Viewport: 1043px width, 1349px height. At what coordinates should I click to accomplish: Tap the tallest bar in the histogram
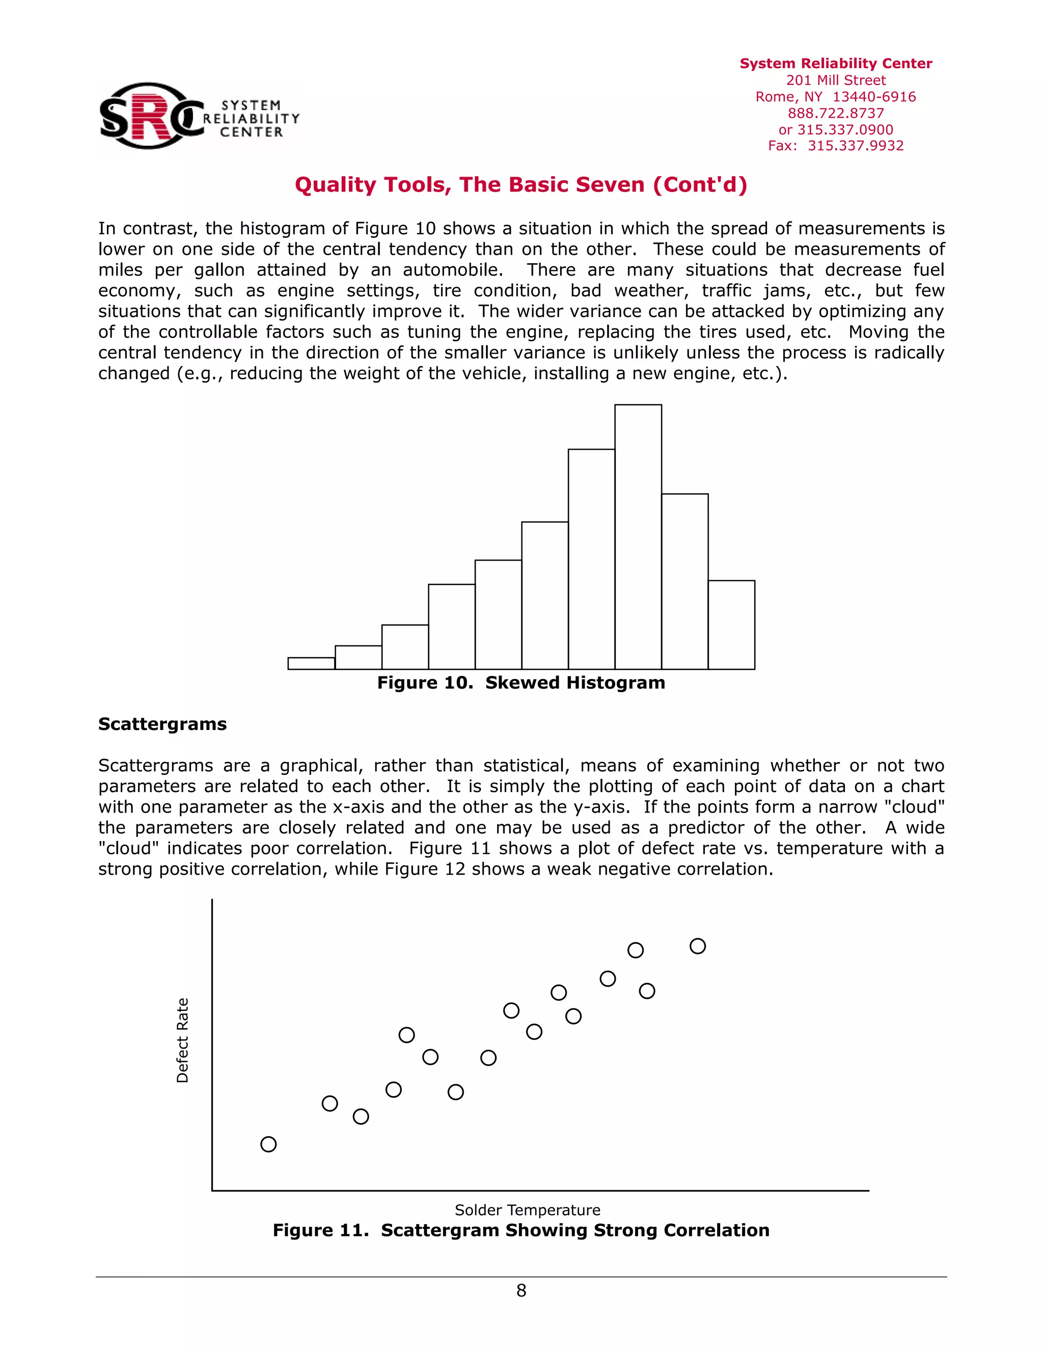[638, 538]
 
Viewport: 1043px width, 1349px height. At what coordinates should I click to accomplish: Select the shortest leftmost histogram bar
[311, 663]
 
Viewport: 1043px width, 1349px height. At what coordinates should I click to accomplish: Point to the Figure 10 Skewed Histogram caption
[521, 683]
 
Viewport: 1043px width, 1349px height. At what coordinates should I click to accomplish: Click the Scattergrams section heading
[162, 724]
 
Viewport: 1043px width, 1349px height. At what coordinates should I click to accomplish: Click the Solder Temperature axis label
[527, 1210]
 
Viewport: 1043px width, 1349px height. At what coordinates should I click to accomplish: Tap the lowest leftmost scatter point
[268, 1144]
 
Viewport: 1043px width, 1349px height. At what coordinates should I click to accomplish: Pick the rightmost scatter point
[698, 946]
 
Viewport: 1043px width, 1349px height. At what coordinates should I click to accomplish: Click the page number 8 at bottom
[521, 1290]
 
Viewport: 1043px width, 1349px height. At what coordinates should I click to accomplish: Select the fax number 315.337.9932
[855, 146]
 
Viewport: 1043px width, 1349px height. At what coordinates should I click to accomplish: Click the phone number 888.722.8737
[835, 113]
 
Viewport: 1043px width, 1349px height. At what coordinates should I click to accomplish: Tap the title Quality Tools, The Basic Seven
[521, 185]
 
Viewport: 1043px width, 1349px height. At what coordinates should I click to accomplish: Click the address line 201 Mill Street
[835, 80]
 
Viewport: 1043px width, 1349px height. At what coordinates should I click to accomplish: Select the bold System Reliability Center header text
[835, 64]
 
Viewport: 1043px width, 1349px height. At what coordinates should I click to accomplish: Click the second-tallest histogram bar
[591, 559]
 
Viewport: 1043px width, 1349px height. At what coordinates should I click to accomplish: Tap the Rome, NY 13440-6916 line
[835, 97]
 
